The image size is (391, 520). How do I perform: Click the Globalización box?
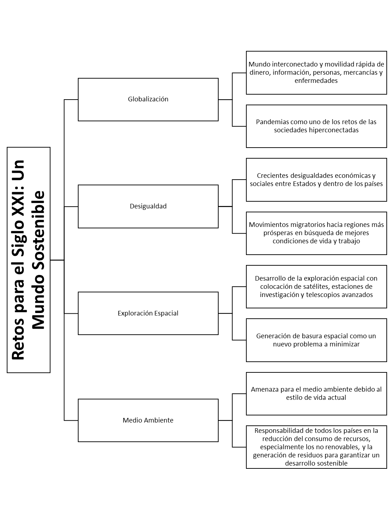(x=148, y=100)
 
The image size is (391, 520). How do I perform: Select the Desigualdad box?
(x=148, y=206)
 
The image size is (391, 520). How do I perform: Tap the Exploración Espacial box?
(x=148, y=313)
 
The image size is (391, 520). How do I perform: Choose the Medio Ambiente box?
(x=148, y=420)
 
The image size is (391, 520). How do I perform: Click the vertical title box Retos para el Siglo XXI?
(x=29, y=260)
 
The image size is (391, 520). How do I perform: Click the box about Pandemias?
(x=316, y=126)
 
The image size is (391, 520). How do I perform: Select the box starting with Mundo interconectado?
(x=316, y=73)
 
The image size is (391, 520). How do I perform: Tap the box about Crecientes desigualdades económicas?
(x=316, y=180)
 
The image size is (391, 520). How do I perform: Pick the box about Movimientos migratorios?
(x=316, y=233)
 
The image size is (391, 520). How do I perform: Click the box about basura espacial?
(x=316, y=340)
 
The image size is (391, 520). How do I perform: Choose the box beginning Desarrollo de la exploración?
(x=316, y=287)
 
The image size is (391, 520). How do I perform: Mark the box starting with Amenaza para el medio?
(x=316, y=394)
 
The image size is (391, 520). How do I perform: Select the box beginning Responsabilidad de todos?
(x=316, y=447)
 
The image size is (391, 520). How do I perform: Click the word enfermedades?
(x=316, y=80)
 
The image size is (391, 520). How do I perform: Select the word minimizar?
(x=344, y=344)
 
